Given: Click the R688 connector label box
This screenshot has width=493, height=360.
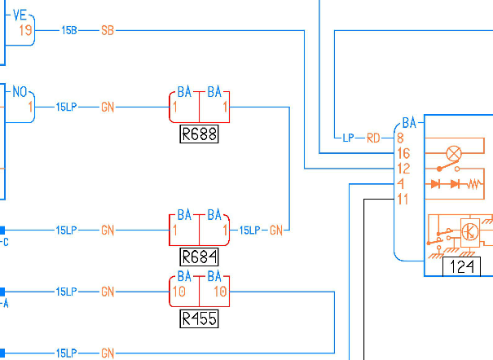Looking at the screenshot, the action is tap(199, 134).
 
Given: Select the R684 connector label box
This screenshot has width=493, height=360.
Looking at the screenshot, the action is tap(199, 257).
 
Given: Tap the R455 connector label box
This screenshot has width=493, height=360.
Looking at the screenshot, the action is tap(199, 318).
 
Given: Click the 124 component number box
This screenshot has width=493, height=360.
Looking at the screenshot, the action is tap(461, 266).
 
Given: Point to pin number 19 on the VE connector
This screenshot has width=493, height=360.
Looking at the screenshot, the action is tap(25, 30).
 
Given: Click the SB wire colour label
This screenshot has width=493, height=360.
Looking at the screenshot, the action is tap(108, 31).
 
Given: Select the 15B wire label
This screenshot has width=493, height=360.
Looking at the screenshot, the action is tap(69, 30).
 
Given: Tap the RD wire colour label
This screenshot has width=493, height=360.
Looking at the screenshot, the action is tap(373, 138).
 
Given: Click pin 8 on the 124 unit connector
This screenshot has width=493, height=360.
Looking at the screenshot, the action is tap(400, 138).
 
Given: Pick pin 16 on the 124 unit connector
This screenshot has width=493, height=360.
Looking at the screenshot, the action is tap(403, 153).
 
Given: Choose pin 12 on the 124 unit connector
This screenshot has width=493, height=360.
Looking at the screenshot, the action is tap(403, 169).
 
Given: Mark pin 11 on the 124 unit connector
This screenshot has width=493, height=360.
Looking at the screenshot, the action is tap(403, 200).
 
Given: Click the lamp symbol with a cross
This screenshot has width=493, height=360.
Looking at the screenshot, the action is tap(454, 154).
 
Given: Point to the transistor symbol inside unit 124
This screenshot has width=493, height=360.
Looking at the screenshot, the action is tap(469, 232).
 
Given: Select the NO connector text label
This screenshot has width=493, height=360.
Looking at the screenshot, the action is tap(20, 92).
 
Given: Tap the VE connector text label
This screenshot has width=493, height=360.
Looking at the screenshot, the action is tap(20, 15).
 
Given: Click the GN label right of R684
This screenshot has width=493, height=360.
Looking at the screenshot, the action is tap(276, 230).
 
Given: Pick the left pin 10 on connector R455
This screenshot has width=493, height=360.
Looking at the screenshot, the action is tap(179, 292).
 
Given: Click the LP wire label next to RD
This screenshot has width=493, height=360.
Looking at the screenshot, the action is tap(348, 138).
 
